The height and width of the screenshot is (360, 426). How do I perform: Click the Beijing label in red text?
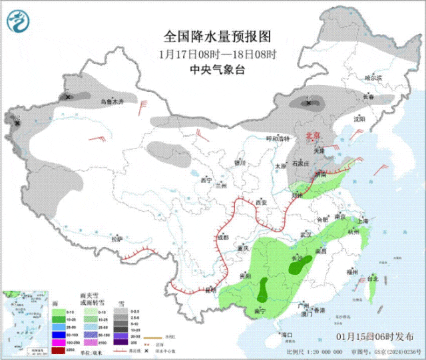(x=313, y=135)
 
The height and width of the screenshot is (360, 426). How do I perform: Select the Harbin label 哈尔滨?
(x=373, y=78)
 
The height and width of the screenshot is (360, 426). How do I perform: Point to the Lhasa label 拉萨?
(x=117, y=238)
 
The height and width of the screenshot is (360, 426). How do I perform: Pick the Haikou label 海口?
(x=288, y=333)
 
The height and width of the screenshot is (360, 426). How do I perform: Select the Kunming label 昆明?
(x=211, y=290)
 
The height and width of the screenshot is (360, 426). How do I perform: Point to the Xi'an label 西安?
(x=260, y=202)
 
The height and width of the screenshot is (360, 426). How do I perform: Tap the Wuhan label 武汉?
(x=306, y=235)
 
